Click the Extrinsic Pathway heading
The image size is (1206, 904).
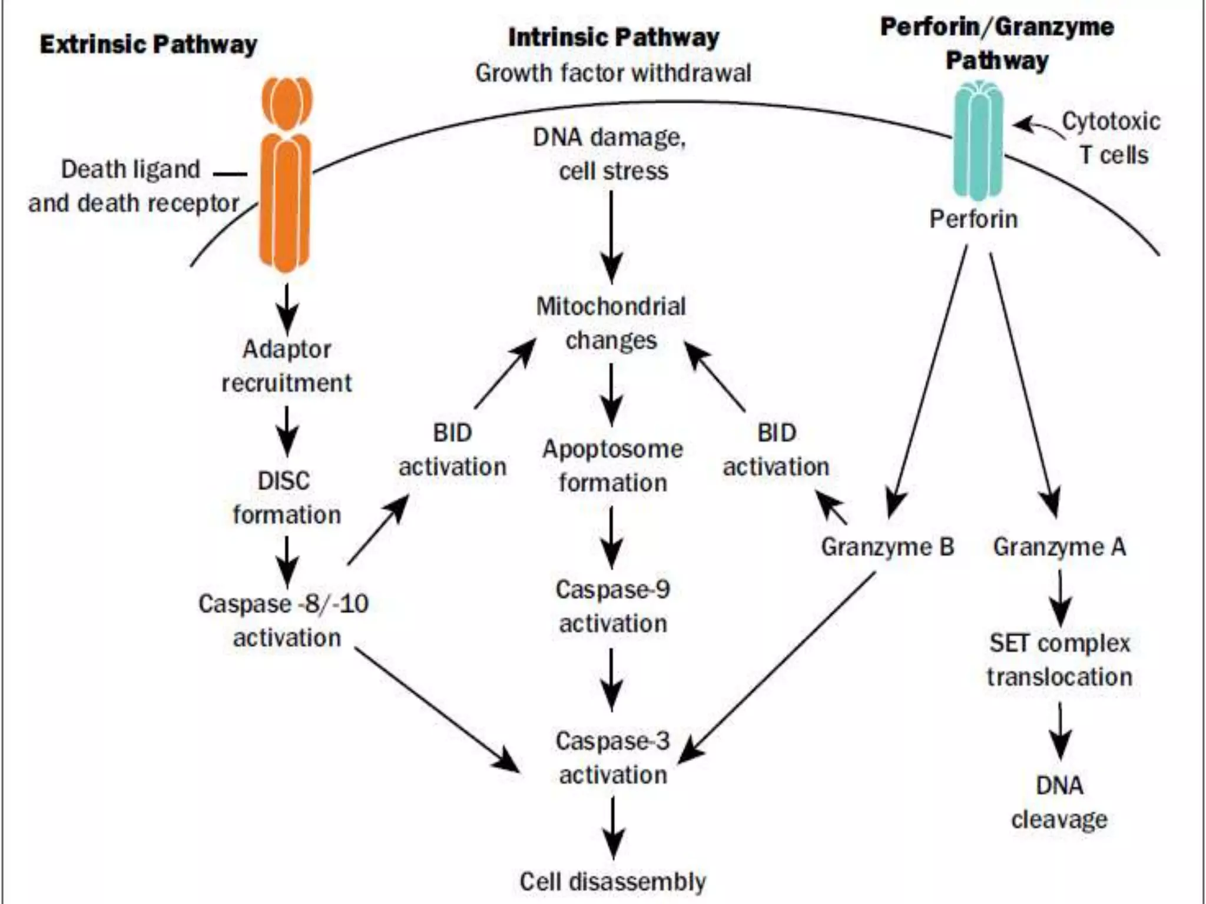click(148, 45)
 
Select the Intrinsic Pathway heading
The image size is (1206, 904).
click(613, 38)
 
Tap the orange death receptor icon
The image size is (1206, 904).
click(286, 177)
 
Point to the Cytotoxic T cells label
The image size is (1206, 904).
click(1111, 138)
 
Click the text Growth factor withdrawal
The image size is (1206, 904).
click(613, 74)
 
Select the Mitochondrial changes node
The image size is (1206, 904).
click(611, 323)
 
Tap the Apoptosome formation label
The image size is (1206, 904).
click(612, 466)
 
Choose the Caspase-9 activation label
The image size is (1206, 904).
click(612, 606)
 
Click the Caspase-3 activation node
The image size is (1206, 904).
click(612, 757)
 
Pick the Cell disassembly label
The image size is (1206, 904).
click(612, 882)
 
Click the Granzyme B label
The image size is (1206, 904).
click(887, 547)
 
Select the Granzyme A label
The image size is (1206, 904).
click(1059, 547)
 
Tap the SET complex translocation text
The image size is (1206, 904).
click(1059, 660)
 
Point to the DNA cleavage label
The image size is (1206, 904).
click(1059, 802)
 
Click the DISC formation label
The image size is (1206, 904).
click(286, 498)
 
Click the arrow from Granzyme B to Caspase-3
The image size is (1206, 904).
click(777, 668)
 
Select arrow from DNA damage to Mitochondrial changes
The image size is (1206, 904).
click(611, 235)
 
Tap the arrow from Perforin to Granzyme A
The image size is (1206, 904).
click(1025, 383)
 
